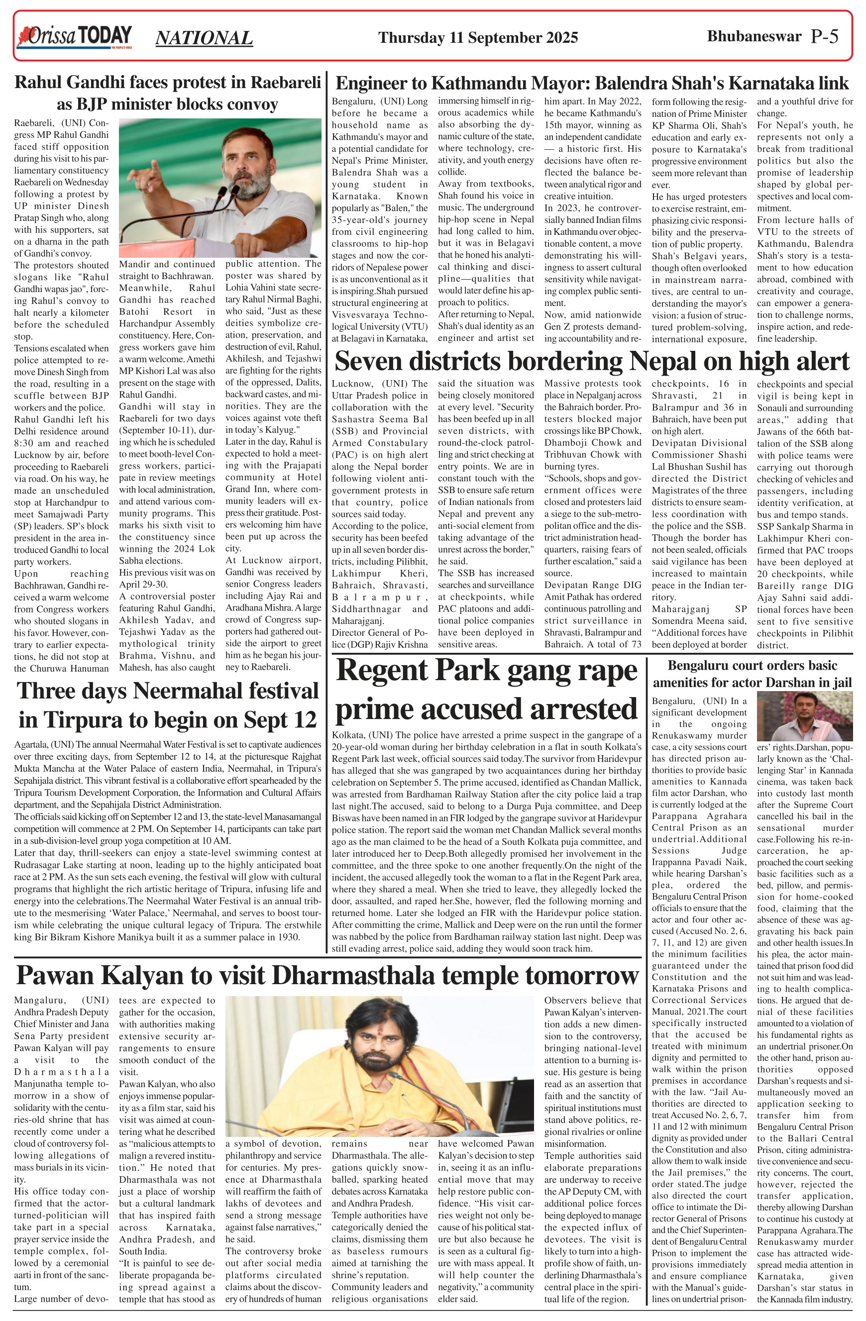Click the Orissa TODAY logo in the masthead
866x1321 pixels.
click(x=75, y=37)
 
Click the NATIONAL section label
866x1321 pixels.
click(x=204, y=38)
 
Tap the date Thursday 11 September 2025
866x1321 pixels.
click(x=477, y=38)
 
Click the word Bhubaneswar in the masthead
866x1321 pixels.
click(x=754, y=37)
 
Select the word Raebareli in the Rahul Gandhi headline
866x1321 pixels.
click(x=286, y=82)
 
